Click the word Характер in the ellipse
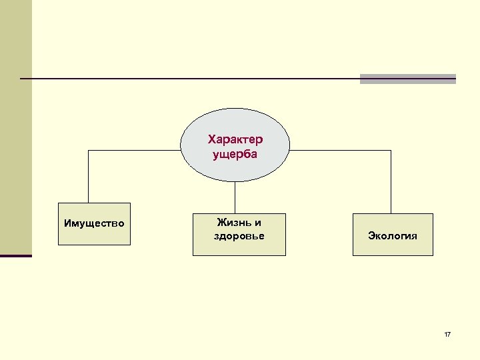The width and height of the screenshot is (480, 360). [235, 139]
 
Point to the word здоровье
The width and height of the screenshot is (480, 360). [239, 236]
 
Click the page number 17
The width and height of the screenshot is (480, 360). [447, 334]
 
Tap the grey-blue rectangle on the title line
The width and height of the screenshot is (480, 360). [407, 79]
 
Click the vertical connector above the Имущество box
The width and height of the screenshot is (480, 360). [89, 176]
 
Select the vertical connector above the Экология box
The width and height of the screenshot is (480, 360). [391, 181]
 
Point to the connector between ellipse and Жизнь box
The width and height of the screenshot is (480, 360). [235, 197]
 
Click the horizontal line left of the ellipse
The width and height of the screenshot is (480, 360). [133, 150]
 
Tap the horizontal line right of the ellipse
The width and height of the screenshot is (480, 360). [340, 150]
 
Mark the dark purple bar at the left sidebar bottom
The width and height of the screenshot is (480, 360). [16, 255]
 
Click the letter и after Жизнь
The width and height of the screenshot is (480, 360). [258, 223]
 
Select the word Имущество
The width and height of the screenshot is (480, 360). [94, 223]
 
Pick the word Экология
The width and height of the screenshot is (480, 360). [393, 235]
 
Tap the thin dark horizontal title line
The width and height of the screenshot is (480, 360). [187, 79]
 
